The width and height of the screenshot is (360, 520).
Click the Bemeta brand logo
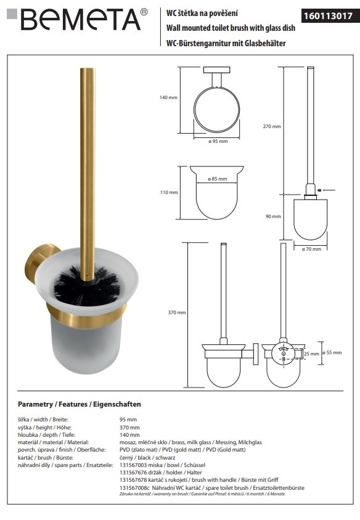(77, 20)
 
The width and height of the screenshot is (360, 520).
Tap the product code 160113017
(328, 15)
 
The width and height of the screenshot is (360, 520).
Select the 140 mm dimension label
(168, 97)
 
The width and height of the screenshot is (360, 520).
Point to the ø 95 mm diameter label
(218, 141)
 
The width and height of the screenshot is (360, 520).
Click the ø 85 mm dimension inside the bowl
(218, 179)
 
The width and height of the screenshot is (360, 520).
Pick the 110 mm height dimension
(169, 192)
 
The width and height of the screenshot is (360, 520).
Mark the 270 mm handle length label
(272, 126)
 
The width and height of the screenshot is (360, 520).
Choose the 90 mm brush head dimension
(273, 216)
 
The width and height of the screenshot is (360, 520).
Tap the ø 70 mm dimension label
(311, 249)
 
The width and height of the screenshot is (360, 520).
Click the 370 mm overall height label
(177, 312)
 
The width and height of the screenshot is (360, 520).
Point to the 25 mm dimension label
(311, 354)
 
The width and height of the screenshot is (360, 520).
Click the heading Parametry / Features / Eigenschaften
(80, 404)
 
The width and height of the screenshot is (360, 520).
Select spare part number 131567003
(133, 465)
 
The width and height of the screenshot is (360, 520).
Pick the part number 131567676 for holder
(133, 472)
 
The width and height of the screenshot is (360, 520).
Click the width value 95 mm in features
(128, 420)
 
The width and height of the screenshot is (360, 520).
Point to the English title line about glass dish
(231, 28)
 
